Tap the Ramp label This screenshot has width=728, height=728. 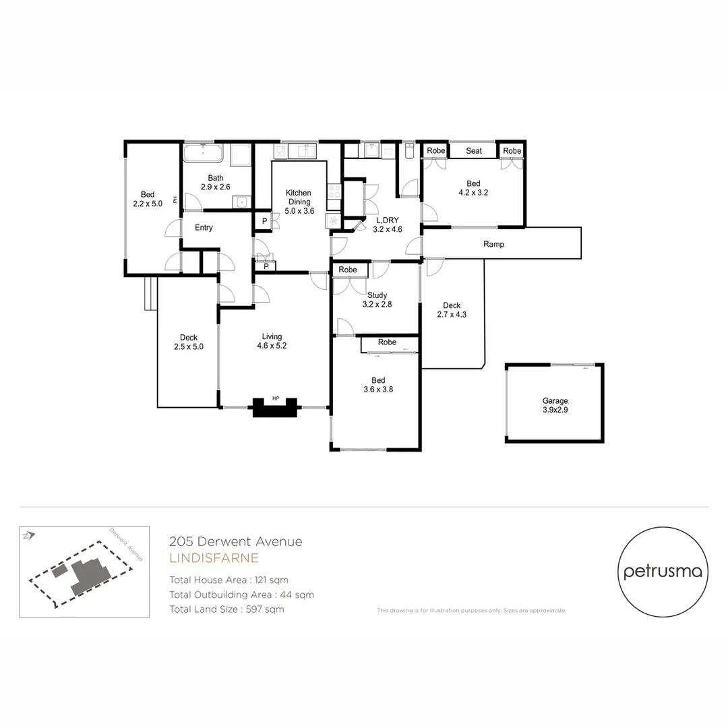coord(493,244)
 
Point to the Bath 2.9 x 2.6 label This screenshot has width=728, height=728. coord(216,182)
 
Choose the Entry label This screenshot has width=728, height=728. coord(204,228)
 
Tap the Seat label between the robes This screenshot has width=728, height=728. coord(474,151)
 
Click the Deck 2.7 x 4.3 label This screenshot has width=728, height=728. coord(452,309)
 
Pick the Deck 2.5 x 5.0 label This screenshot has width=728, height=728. coord(188,342)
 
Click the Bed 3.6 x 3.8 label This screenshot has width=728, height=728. coord(378,384)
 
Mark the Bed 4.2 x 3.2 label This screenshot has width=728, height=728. coord(473,188)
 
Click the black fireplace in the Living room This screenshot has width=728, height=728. coord(274,408)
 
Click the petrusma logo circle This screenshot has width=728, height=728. coord(663,572)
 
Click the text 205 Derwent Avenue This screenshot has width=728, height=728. coord(236,541)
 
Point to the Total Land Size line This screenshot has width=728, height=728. coord(226,609)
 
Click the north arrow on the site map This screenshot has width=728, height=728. coord(28,536)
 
